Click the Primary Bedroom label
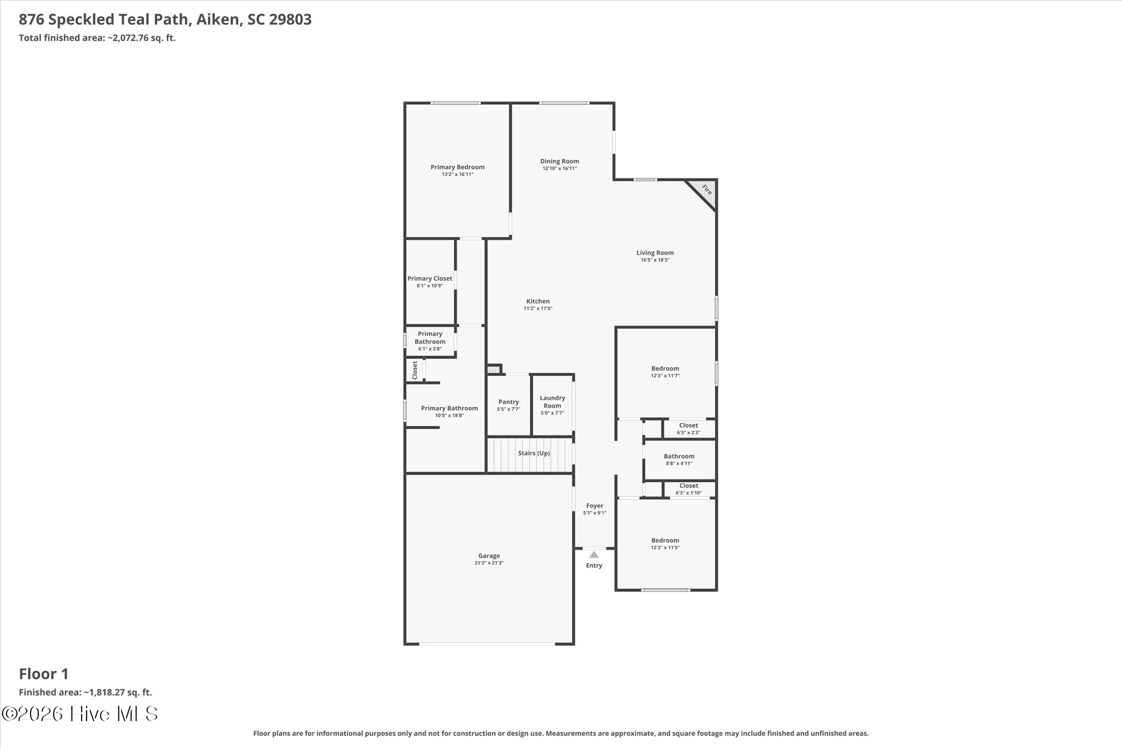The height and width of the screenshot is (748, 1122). (x=457, y=167)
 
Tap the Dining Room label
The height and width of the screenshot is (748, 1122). (x=559, y=161)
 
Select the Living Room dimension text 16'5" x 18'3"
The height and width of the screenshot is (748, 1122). (x=655, y=260)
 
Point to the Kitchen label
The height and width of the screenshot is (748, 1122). (x=538, y=301)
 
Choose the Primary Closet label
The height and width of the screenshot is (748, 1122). (x=430, y=278)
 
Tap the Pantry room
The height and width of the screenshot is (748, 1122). (x=508, y=405)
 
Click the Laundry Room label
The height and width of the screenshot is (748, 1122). (x=552, y=402)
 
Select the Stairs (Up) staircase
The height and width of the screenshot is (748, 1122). (x=530, y=454)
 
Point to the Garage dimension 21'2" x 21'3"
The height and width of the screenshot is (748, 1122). (x=489, y=563)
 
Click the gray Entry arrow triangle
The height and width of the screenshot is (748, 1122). (x=594, y=555)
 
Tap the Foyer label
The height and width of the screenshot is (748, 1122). (x=594, y=506)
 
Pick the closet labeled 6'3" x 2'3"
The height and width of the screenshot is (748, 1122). (x=689, y=429)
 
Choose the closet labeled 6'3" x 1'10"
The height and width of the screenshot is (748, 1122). (x=689, y=489)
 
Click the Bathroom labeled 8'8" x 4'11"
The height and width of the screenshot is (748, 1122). (x=679, y=459)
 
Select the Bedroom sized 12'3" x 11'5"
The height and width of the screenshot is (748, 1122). (x=666, y=544)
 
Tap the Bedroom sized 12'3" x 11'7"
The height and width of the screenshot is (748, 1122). (x=666, y=372)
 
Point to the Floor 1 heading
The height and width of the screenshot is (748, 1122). (x=44, y=673)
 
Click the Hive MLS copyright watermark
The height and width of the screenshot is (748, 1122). (x=80, y=713)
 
